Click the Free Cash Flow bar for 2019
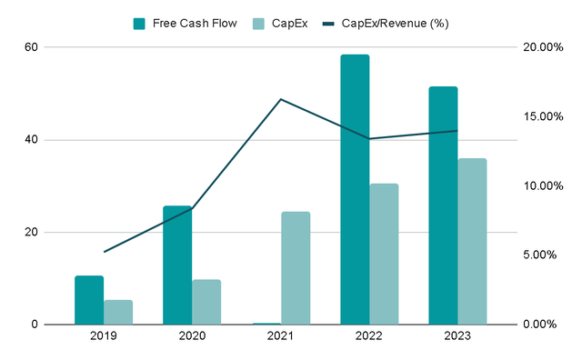coord(89,300)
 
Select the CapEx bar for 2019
coord(118,312)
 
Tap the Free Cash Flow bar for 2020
coord(177,265)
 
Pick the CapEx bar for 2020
coord(206,302)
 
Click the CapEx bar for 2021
coord(296,268)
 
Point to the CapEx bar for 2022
coord(384,254)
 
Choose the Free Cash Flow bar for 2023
coord(443,205)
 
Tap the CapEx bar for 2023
coord(472,241)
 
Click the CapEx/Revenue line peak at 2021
coord(281,99)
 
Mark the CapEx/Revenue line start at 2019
coord(104,252)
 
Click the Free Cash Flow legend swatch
coord(139,23)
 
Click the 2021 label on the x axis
coord(281,338)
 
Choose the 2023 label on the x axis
coord(457,338)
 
